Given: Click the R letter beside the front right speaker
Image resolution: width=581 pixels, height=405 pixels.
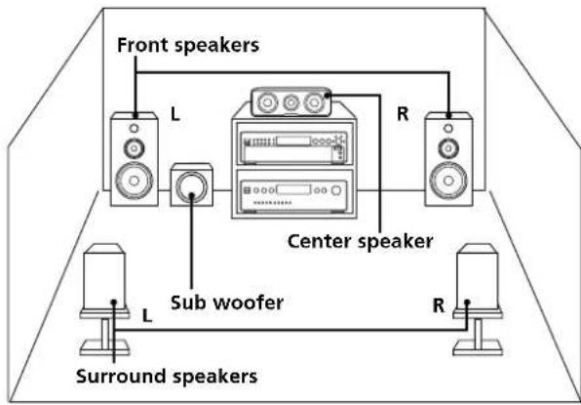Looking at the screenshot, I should (x=401, y=114).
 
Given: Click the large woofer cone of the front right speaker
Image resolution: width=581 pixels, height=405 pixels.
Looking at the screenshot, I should (x=447, y=182).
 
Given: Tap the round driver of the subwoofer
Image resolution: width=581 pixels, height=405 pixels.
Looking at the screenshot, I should (x=193, y=187).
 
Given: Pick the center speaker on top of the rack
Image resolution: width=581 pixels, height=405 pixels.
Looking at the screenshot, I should (x=290, y=101).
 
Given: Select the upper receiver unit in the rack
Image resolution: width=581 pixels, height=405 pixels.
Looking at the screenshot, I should (x=290, y=144).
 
